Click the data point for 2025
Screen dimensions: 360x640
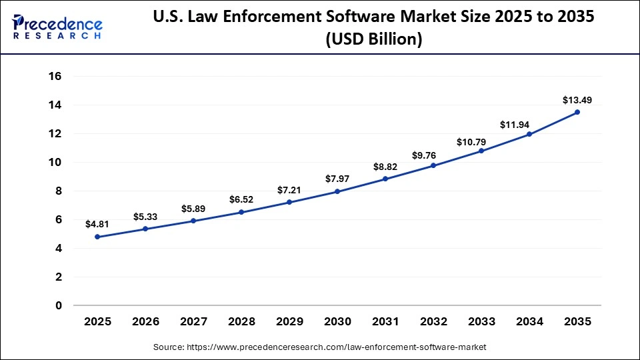pos(97,237)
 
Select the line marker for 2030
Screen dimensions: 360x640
pos(337,191)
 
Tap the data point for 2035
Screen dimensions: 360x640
pos(577,112)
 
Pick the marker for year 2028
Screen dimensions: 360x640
pos(241,212)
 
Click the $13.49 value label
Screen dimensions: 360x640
pos(577,100)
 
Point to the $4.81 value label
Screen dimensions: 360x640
pos(97,225)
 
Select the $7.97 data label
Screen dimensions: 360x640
pos(337,179)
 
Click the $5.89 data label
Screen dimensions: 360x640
pos(193,209)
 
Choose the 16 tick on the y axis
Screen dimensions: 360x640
pos(55,77)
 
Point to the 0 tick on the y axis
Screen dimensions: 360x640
pos(59,306)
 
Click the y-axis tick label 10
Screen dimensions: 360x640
pos(55,163)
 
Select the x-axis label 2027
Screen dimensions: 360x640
pos(193,322)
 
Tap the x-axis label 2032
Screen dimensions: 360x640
pos(433,322)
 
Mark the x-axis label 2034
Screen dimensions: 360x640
pos(529,322)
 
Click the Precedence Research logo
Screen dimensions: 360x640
pos(57,27)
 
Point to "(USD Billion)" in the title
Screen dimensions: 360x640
pos(373,40)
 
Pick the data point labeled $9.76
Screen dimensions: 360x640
pos(433,165)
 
